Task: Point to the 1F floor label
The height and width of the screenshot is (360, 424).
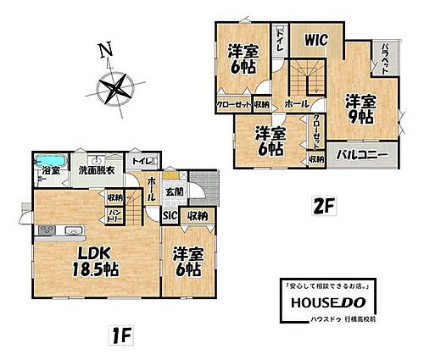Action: (x=124, y=335)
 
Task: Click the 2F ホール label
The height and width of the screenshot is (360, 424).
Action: (x=297, y=103)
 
